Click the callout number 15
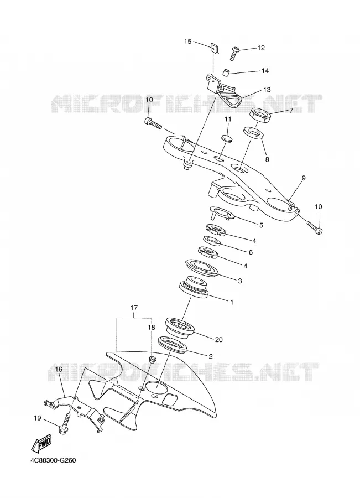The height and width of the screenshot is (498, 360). pyautogui.click(x=188, y=41)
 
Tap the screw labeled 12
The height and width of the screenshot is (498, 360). pyautogui.click(x=234, y=54)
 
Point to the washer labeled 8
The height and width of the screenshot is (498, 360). pyautogui.click(x=254, y=133)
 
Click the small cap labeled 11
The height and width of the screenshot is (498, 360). pyautogui.click(x=227, y=138)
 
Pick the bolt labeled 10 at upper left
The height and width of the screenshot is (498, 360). pyautogui.click(x=153, y=123)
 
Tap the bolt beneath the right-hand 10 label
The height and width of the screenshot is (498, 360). pyautogui.click(x=314, y=228)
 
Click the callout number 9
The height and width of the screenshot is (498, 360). pyautogui.click(x=304, y=178)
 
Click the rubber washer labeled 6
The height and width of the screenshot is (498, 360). pyautogui.click(x=212, y=241)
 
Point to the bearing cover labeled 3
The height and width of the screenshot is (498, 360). pyautogui.click(x=202, y=268)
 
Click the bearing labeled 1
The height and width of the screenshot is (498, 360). pyautogui.click(x=194, y=287)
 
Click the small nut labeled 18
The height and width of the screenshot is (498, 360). pyautogui.click(x=152, y=360)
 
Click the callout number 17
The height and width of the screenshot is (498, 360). pyautogui.click(x=134, y=308)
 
